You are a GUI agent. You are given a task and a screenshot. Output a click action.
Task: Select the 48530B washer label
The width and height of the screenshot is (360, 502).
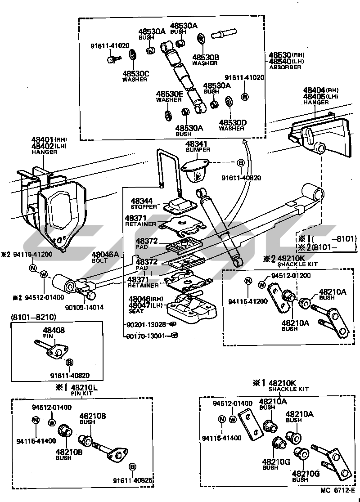(x=206, y=58)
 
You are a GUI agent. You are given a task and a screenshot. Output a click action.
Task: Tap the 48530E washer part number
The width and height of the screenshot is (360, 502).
(x=170, y=94)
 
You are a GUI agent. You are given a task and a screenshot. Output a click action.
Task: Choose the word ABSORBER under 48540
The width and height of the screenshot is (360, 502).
(x=285, y=67)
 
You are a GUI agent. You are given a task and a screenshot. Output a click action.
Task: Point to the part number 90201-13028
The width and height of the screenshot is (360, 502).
(x=146, y=324)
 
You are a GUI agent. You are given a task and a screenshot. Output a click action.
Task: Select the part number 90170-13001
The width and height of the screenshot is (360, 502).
(x=146, y=335)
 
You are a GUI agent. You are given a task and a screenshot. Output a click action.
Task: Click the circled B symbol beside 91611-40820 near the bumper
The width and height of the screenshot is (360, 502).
(x=241, y=162)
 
